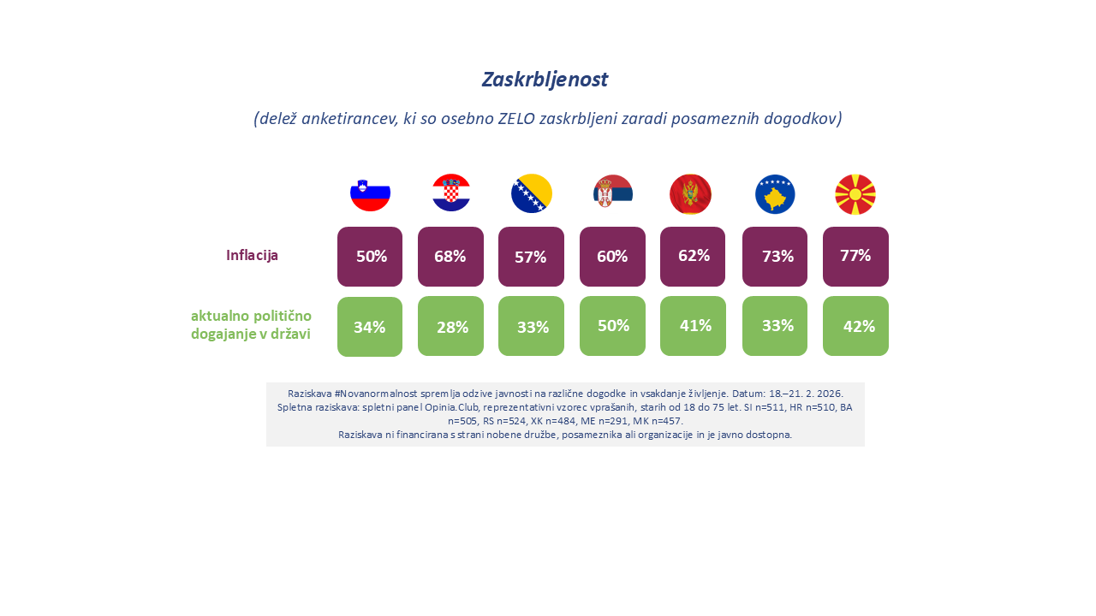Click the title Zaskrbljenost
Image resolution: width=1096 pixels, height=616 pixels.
[x=545, y=80]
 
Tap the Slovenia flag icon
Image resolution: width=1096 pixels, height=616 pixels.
[x=370, y=194]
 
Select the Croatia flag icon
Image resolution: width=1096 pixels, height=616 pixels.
[x=451, y=192]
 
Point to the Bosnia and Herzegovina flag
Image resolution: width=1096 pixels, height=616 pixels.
[x=532, y=193]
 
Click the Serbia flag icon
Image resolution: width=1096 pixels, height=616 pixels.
[x=613, y=192]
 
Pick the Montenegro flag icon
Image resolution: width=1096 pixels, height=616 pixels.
[x=690, y=194]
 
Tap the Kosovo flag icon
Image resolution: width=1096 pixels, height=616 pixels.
[x=775, y=194]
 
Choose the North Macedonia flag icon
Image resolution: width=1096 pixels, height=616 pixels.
[x=855, y=194]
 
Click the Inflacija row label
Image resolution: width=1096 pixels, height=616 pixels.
[x=252, y=255]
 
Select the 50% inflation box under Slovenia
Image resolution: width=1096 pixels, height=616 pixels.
[x=370, y=257]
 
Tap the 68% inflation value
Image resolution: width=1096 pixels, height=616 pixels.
[x=450, y=256]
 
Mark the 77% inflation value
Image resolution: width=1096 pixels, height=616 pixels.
[x=855, y=255]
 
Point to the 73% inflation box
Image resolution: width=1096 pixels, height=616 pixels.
[x=775, y=257]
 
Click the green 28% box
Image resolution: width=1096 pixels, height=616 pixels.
[x=450, y=326]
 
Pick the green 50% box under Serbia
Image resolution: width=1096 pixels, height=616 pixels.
[x=612, y=326]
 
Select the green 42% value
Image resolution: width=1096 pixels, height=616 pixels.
[x=859, y=326]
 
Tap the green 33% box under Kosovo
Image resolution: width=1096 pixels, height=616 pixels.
[x=775, y=326]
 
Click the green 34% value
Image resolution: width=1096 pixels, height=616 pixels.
[x=370, y=327]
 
